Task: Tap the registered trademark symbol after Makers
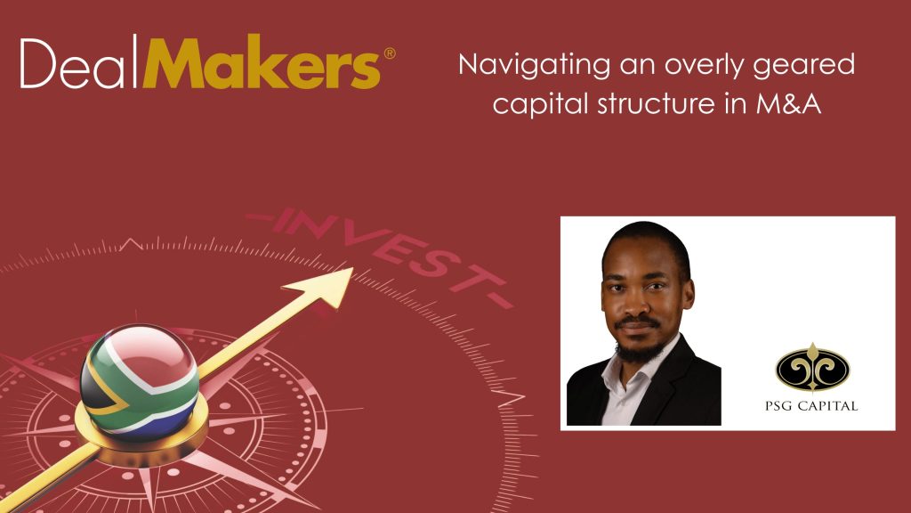click(390, 53)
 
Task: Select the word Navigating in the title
click(534, 66)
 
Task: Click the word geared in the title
click(804, 66)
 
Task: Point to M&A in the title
click(788, 103)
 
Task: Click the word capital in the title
click(540, 105)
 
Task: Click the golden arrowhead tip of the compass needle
click(352, 268)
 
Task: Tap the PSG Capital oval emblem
click(812, 367)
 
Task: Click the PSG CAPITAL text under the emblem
click(811, 406)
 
